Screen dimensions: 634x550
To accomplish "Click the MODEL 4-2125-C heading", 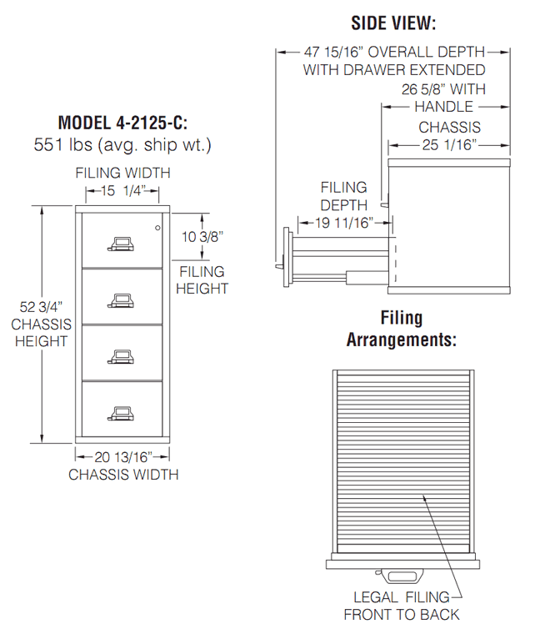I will point(122,123).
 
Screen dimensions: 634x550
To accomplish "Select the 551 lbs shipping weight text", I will point(122,145).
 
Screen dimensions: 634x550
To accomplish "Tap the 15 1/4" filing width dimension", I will point(122,191).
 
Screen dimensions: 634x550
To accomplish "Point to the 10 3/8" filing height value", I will point(202,237).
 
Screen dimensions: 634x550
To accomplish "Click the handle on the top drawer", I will point(121,244).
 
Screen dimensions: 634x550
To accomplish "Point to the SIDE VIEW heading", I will point(393,23).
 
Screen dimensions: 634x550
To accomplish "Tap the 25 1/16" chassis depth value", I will point(447,145).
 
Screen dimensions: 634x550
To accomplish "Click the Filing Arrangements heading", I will point(402,329).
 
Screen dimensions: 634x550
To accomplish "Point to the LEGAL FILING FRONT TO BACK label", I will point(402,606).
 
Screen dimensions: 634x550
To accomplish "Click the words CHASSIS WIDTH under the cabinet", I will point(122,475).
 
